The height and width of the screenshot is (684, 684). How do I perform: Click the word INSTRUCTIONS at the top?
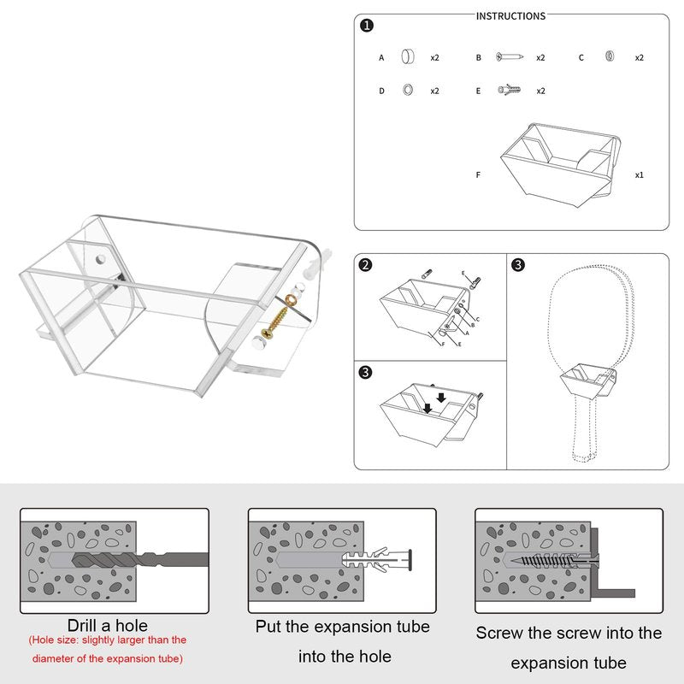tap(510, 16)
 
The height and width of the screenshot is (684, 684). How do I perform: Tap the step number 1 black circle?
tap(367, 26)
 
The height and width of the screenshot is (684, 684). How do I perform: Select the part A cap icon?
tap(408, 56)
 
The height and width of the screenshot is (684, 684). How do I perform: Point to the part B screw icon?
tap(509, 56)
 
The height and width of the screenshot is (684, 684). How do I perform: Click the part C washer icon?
tap(610, 56)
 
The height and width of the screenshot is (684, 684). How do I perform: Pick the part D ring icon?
tap(408, 90)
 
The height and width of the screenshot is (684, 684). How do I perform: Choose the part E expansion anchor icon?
tap(509, 90)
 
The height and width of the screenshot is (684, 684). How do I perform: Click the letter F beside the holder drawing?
tap(478, 175)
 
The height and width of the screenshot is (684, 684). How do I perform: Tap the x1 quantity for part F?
tap(639, 175)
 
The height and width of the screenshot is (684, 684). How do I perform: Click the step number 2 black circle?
tap(366, 265)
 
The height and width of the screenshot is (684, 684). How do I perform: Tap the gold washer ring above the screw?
tap(291, 300)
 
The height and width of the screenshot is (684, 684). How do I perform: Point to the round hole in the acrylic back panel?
tap(100, 259)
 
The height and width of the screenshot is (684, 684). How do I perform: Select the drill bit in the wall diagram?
tap(139, 560)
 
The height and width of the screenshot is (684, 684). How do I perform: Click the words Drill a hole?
tap(108, 626)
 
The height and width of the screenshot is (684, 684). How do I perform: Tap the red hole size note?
tap(108, 649)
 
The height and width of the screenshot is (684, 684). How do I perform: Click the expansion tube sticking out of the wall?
tap(377, 560)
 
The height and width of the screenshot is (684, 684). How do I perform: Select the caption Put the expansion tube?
tap(343, 627)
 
